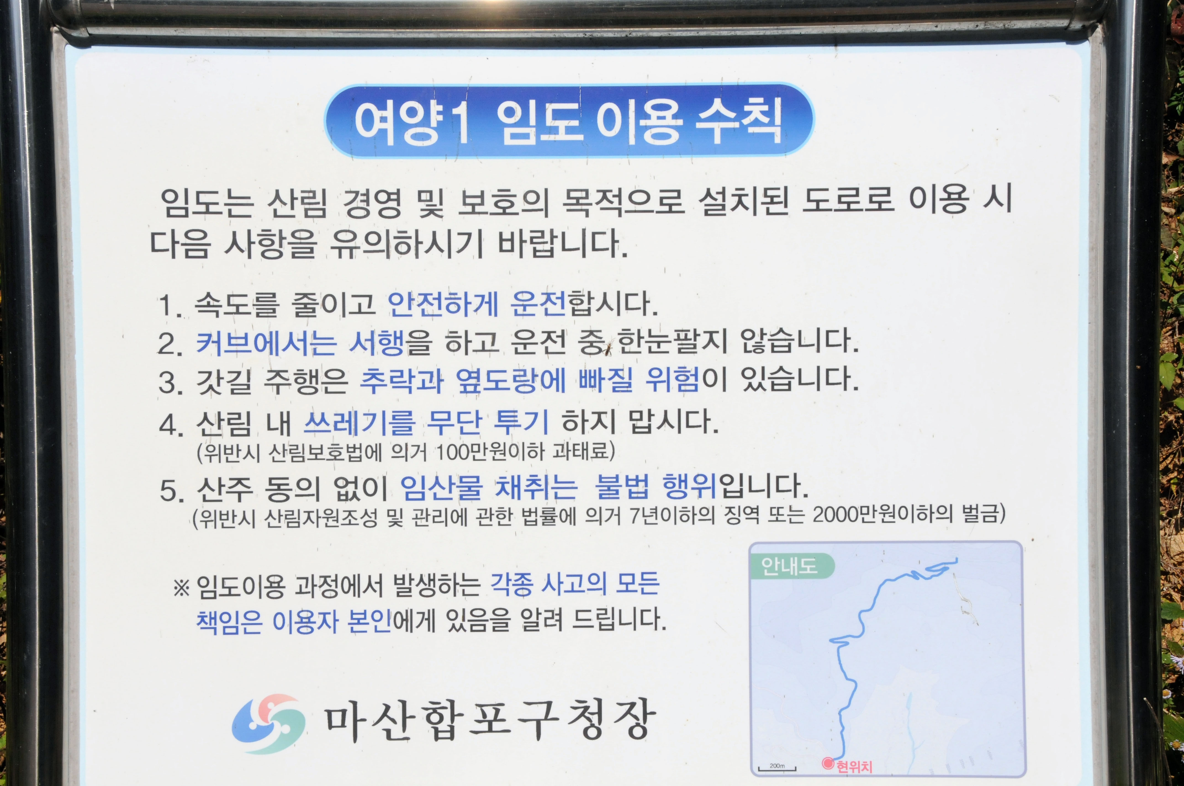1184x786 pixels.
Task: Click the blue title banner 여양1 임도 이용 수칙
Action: [569, 120]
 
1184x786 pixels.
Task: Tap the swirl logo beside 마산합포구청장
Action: [269, 723]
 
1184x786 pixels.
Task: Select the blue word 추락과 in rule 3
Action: [401, 381]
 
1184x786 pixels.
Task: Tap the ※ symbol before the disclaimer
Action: [181, 588]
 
